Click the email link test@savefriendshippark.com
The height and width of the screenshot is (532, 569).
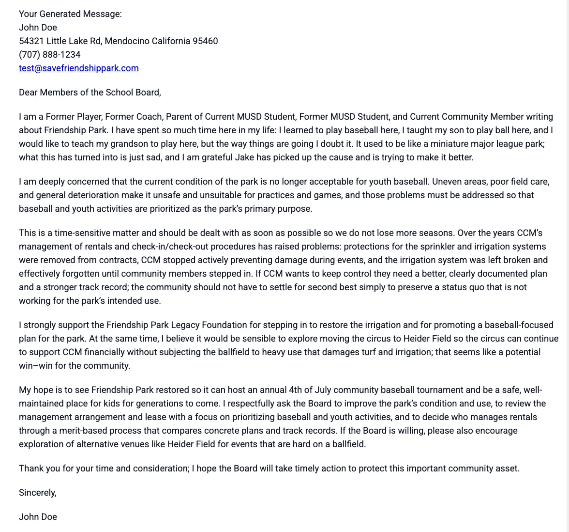(79, 68)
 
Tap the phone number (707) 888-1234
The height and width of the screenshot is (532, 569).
(50, 55)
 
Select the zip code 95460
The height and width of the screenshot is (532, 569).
(205, 41)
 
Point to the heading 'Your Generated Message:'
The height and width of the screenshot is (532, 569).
(70, 14)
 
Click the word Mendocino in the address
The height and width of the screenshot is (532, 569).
(127, 41)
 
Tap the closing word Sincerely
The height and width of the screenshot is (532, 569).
(37, 493)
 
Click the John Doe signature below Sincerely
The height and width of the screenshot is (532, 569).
(38, 517)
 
